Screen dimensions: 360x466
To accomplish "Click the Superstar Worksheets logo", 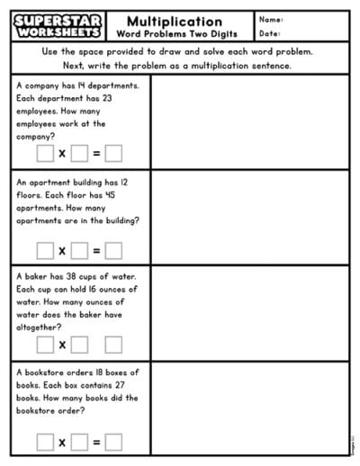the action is pos(58,26).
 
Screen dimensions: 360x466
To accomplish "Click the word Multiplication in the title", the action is pos(175,21).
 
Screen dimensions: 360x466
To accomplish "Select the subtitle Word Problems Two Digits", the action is pos(175,34).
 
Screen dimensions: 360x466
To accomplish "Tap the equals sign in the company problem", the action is pos(96,154).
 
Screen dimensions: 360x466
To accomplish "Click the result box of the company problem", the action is pos(113,154).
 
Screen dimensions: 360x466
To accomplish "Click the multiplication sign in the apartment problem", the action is pos(62,250).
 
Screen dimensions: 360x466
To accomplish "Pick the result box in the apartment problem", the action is pos(113,250).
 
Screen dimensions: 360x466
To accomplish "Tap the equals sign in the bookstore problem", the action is pos(96,441).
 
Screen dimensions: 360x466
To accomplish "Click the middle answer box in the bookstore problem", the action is pos(79,441).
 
